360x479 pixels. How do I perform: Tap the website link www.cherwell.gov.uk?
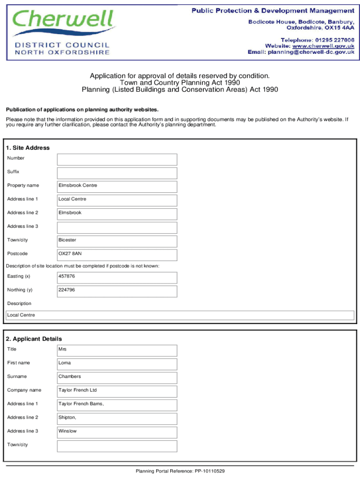323,46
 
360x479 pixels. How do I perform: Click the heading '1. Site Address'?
28,148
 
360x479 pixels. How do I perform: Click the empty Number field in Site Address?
117,160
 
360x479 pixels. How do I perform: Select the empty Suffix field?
117,173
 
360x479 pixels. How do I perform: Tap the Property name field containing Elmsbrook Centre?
117,187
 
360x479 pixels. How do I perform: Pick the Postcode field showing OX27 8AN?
117,255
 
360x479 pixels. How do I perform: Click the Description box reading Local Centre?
180,315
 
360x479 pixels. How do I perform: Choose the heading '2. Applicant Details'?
34,339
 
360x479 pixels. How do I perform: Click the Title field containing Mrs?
117,350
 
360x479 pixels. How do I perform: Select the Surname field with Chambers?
117,377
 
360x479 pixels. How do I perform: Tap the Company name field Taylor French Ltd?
117,391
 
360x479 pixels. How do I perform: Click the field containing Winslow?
117,432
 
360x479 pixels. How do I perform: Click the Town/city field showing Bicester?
117,241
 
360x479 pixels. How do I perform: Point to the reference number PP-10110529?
210,471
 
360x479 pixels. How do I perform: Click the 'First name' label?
19,363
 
